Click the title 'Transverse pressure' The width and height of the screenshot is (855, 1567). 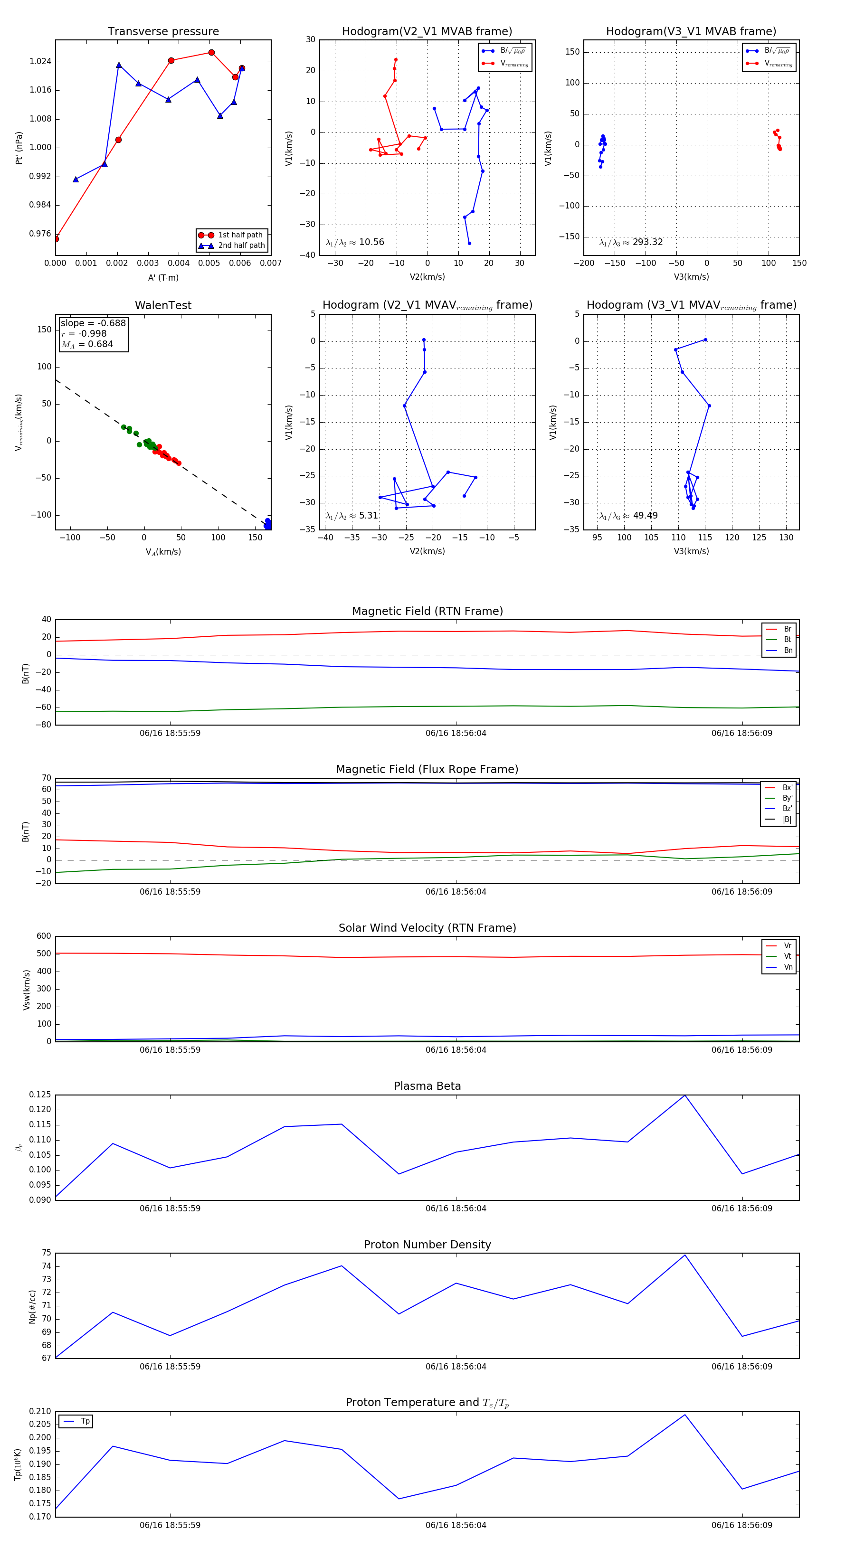pyautogui.click(x=163, y=32)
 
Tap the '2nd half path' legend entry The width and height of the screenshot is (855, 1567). pyautogui.click(x=241, y=246)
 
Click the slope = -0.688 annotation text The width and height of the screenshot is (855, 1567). pyautogui.click(x=93, y=323)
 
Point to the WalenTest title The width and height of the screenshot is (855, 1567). pyautogui.click(x=163, y=305)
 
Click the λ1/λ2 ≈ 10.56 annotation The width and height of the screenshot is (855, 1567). pyautogui.click(x=355, y=242)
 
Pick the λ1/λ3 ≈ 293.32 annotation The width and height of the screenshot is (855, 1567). pyautogui.click(x=631, y=242)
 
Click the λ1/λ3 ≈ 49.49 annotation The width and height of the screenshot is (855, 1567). pyautogui.click(x=628, y=516)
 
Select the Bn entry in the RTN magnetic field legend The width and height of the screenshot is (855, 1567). pyautogui.click(x=788, y=650)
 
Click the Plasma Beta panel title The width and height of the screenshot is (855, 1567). pyautogui.click(x=427, y=1086)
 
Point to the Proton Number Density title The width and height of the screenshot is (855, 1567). pyautogui.click(x=427, y=1245)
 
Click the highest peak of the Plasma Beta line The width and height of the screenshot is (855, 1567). pyautogui.click(x=684, y=1095)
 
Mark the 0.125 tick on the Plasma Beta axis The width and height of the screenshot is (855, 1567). pyautogui.click(x=40, y=1095)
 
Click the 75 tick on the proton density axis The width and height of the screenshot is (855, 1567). pyautogui.click(x=46, y=1253)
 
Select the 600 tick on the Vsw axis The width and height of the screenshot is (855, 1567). pyautogui.click(x=44, y=936)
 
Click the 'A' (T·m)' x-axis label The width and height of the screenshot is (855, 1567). pyautogui.click(x=163, y=277)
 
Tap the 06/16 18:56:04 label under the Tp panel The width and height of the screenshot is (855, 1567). pyautogui.click(x=456, y=1525)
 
